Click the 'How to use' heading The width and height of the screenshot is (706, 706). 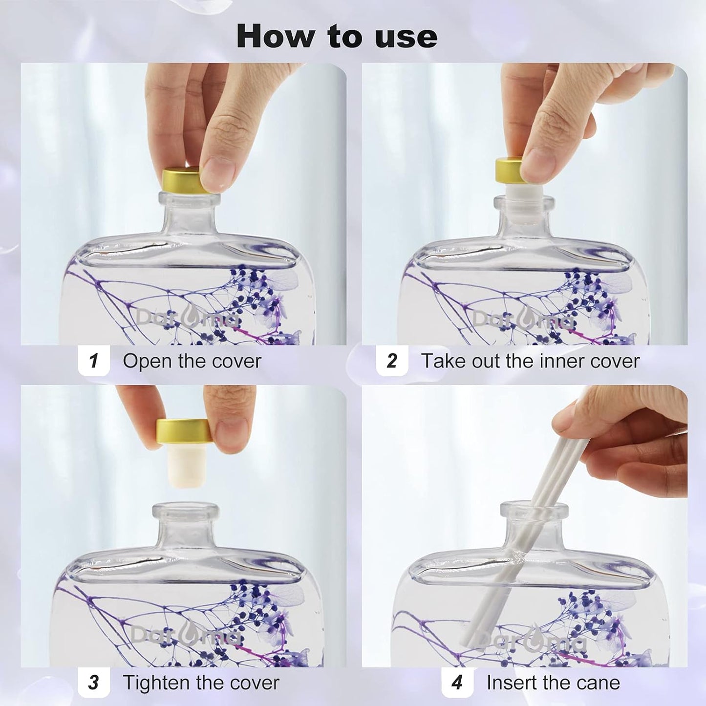coord(337,36)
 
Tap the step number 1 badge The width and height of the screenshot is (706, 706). coord(94,361)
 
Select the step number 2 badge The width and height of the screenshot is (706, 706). coord(392,361)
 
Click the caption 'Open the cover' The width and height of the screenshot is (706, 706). coord(192,361)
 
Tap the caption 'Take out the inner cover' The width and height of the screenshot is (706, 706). coord(531,361)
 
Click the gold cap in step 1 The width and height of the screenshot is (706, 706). coord(186,180)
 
